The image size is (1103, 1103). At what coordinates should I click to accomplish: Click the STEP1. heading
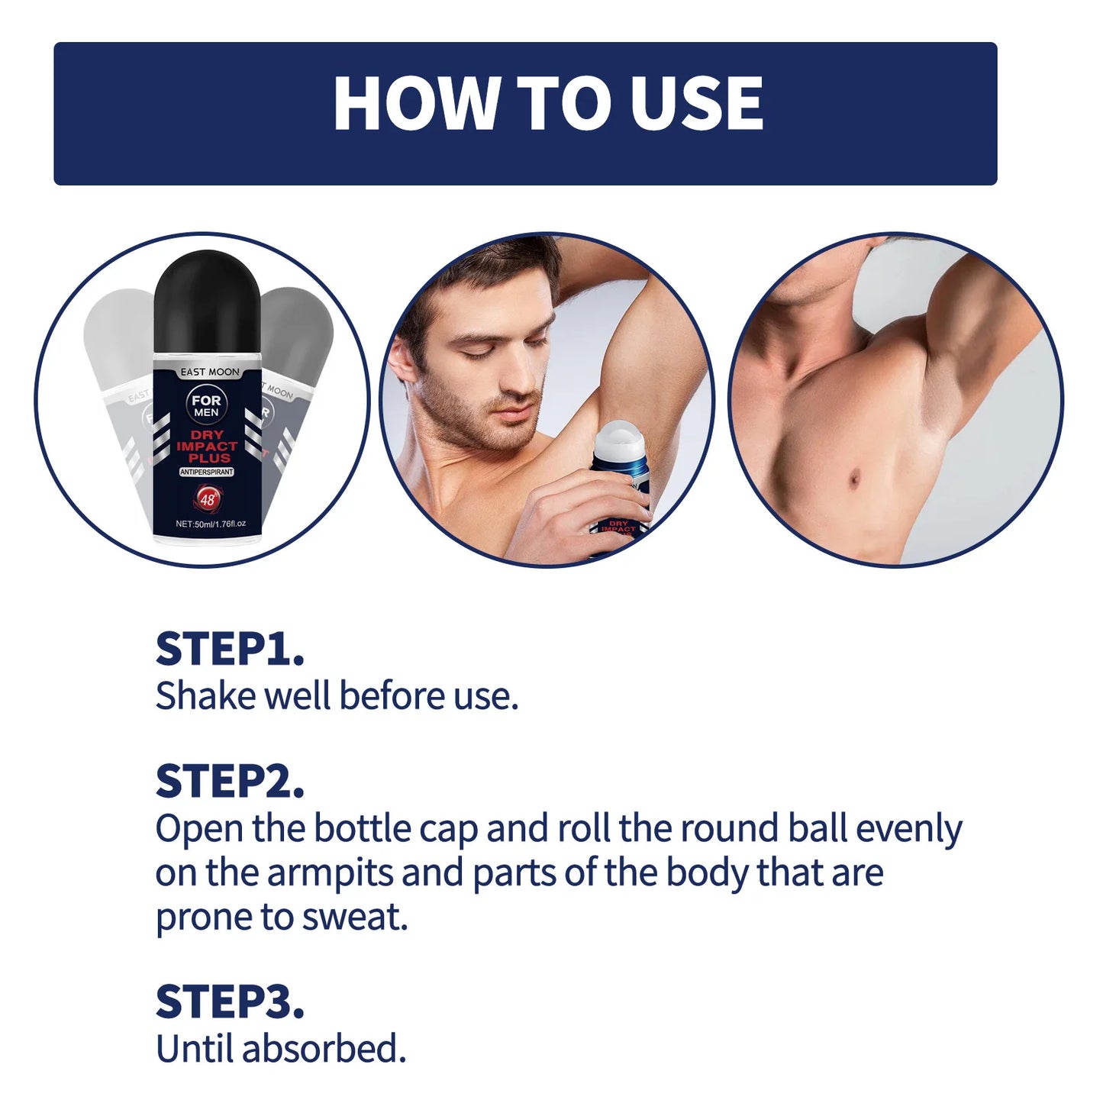(230, 650)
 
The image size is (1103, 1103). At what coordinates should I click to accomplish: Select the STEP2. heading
(230, 782)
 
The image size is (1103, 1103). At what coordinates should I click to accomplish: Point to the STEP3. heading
(230, 1002)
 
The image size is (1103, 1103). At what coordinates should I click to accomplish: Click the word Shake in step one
(205, 696)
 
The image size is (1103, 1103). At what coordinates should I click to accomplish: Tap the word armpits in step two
(330, 872)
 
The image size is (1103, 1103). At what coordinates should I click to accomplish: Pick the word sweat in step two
(354, 917)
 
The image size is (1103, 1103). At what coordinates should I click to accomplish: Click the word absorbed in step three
(323, 1049)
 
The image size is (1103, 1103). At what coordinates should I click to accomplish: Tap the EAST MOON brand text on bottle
(210, 372)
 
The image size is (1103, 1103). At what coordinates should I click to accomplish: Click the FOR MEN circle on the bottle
(206, 405)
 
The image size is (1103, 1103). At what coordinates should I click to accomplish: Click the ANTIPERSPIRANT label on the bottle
(207, 472)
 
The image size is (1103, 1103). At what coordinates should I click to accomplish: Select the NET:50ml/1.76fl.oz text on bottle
(210, 524)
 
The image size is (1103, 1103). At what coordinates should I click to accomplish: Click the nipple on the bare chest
(853, 479)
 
